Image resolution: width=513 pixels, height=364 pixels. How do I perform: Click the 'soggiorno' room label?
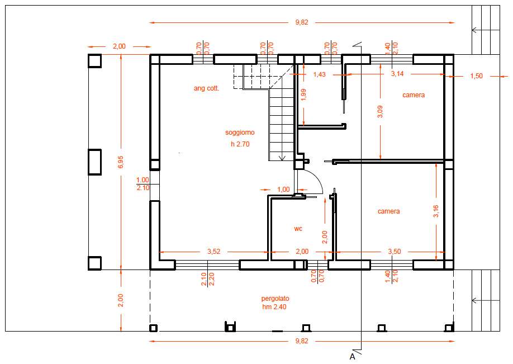coord(240,133)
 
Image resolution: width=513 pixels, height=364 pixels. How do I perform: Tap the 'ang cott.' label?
coord(206,88)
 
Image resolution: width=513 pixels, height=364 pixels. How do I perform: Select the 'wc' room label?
coord(298,229)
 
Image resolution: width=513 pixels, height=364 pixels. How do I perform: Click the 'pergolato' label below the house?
coord(275,299)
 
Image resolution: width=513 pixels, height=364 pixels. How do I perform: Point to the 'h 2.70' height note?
coord(240,144)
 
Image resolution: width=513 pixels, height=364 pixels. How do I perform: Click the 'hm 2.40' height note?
coord(274,307)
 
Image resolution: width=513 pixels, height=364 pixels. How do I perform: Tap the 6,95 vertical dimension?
coord(121,162)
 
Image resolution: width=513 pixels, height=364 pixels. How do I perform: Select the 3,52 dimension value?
coord(213,252)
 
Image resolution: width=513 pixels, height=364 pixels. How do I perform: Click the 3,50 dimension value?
coord(394,252)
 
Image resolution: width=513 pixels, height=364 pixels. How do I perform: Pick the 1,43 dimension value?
coord(319,74)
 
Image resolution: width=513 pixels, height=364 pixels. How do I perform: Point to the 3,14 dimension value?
coord(397,74)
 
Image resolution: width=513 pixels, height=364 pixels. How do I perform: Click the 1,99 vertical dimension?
coord(303,94)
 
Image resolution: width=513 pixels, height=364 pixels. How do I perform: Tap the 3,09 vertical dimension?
coord(380,112)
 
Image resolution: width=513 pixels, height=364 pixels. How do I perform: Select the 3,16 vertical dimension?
coord(436,211)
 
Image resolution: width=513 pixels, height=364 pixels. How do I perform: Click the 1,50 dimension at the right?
coord(476,76)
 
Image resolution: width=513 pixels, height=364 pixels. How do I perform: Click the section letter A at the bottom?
coord(353,357)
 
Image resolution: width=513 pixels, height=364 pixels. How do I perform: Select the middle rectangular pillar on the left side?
coord(94,162)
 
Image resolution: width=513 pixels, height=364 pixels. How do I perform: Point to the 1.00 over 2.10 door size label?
coord(142,183)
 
